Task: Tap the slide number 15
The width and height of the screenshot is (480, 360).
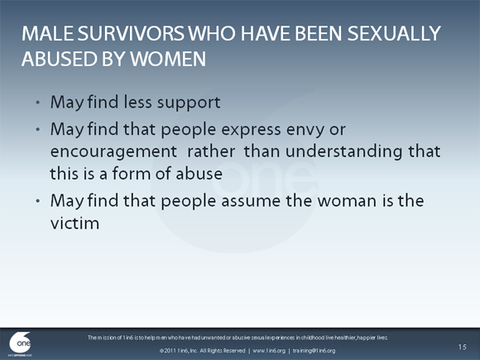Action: click(x=462, y=345)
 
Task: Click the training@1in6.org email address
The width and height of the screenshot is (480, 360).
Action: click(x=319, y=351)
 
